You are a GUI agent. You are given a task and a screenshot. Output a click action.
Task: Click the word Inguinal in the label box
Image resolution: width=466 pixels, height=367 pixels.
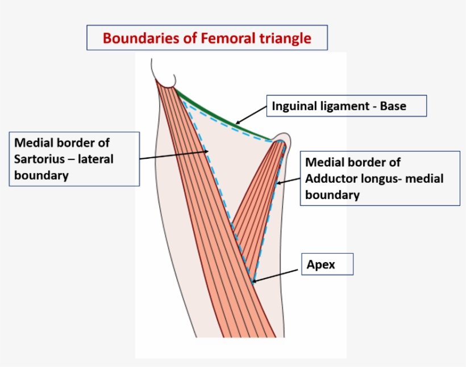click(x=296, y=106)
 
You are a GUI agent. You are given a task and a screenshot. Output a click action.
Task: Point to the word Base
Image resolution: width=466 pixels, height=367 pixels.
click(x=393, y=106)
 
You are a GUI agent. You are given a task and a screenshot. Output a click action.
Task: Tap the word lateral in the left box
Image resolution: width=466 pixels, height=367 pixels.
click(x=96, y=159)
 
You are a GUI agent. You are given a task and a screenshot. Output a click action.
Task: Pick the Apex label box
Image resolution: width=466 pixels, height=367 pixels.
click(x=327, y=264)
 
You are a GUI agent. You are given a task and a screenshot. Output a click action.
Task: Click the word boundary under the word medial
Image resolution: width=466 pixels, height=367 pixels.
click(x=332, y=195)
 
